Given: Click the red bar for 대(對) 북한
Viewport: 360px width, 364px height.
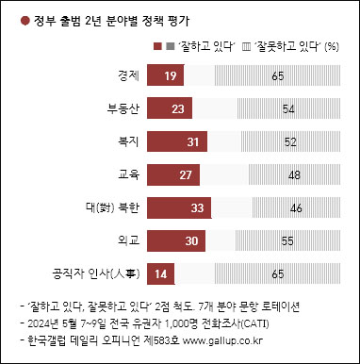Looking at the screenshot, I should tap(181, 207).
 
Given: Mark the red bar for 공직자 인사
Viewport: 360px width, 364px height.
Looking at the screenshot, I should tap(161, 273).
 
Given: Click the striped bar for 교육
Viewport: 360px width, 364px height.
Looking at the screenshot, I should tap(296, 174).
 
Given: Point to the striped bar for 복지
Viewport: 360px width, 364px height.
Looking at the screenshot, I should tap(291, 141).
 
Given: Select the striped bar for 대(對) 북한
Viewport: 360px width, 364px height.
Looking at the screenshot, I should tap(298, 207).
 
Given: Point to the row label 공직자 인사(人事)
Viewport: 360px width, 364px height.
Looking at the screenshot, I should tap(96, 273).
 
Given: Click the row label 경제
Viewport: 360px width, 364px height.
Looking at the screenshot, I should tap(130, 75).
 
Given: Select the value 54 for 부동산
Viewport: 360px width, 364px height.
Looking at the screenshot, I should tap(288, 108).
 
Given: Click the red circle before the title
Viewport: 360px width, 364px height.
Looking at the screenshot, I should tap(11, 14).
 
